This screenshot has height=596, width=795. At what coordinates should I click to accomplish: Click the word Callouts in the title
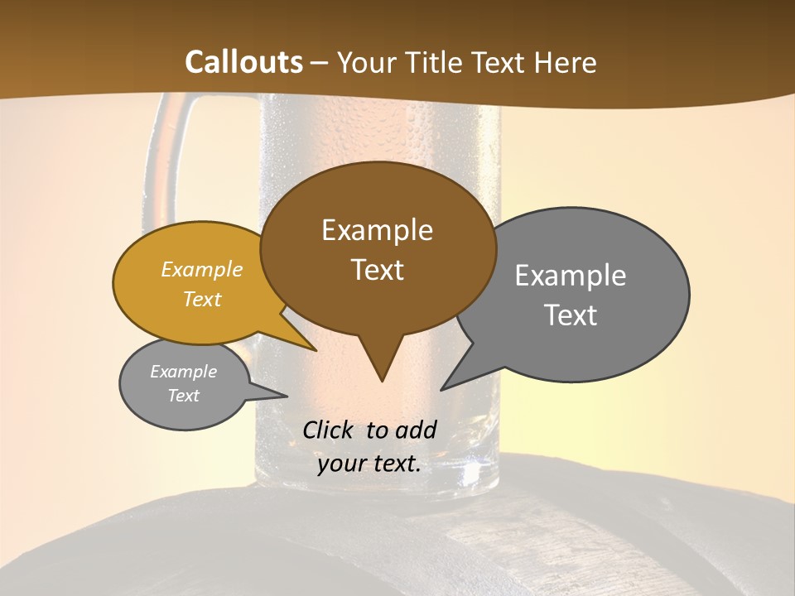tap(243, 62)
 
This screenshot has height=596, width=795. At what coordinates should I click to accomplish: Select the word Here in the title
tap(565, 62)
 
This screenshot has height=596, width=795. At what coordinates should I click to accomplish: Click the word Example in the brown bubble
tap(377, 230)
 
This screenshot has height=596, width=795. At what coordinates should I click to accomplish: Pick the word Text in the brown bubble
tap(377, 270)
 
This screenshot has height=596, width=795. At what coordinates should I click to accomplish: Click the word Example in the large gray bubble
tap(570, 276)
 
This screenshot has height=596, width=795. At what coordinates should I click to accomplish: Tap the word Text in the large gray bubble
tap(570, 315)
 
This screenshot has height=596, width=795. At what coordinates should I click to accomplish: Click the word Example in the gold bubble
tap(202, 270)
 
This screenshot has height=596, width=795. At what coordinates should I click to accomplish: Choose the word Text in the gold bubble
tap(202, 299)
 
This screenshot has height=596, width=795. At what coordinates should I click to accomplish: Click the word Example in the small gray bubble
tap(183, 372)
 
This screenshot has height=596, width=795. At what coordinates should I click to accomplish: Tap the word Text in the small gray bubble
tap(183, 396)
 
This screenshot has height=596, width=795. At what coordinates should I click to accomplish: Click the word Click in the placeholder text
tap(330, 430)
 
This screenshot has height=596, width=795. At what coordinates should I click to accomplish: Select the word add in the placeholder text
tap(416, 430)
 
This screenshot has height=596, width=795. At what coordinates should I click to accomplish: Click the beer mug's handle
tap(154, 157)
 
